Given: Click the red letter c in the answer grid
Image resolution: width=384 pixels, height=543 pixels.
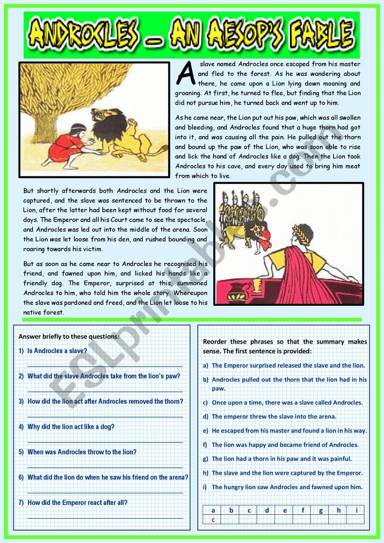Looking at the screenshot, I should pyautogui.click(x=213, y=519).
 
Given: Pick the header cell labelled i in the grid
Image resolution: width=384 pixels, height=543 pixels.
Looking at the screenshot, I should pyautogui.click(x=356, y=510).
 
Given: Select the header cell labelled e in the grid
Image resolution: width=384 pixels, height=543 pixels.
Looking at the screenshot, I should pyautogui.click(x=285, y=510).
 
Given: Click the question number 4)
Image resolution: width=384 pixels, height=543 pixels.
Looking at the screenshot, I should pyautogui.click(x=21, y=427).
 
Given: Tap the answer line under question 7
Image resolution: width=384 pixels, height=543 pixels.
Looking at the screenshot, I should pyautogui.click(x=105, y=518).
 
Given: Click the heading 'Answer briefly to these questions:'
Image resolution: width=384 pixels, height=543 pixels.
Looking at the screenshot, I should pyautogui.click(x=69, y=336).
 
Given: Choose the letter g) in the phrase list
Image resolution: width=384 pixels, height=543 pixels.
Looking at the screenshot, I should pyautogui.click(x=206, y=459).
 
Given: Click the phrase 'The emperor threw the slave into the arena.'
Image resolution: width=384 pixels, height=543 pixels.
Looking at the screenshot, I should pyautogui.click(x=274, y=416).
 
